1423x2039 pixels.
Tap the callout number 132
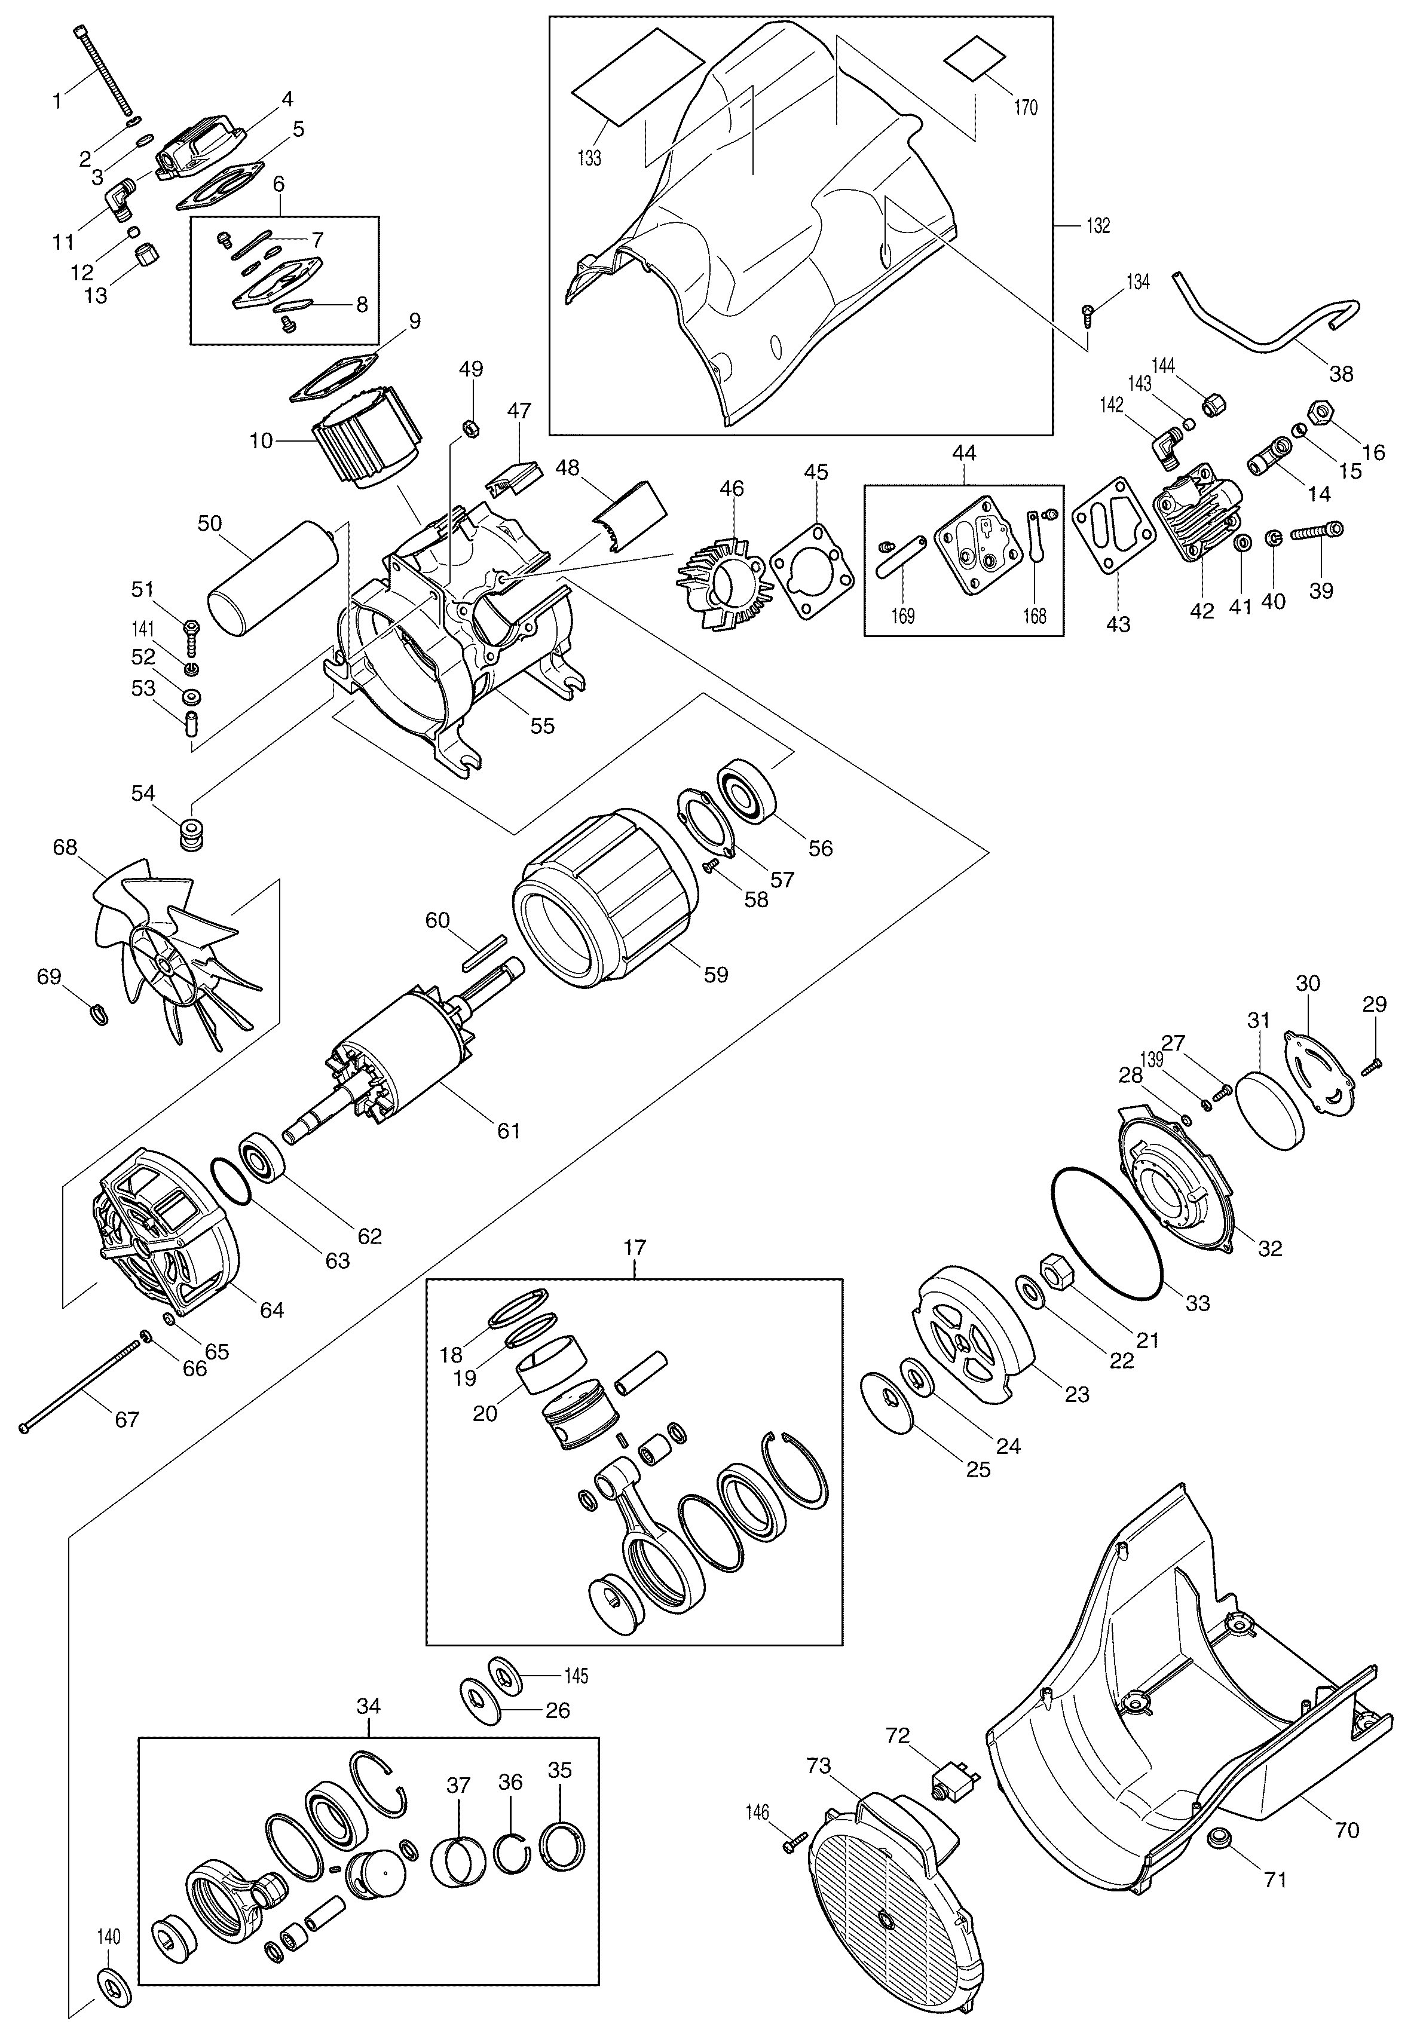click(x=1098, y=225)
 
